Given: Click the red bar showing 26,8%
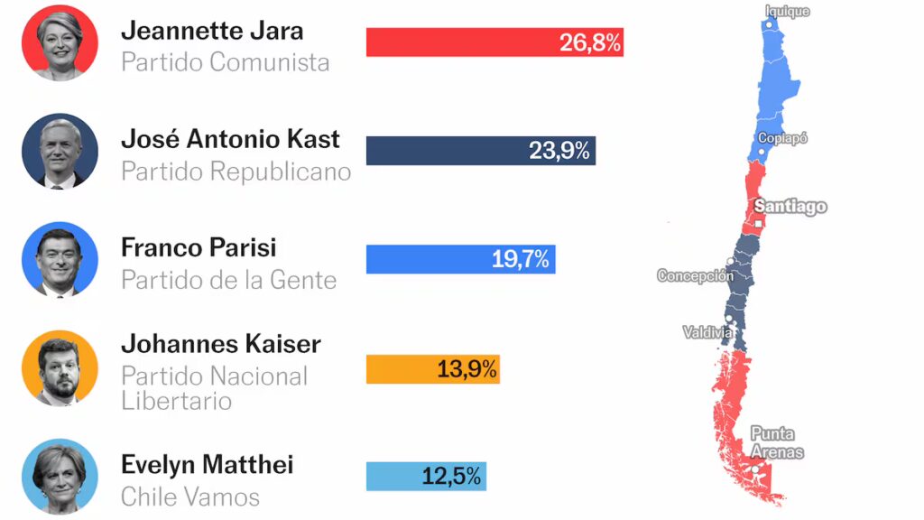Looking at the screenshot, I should click(494, 42).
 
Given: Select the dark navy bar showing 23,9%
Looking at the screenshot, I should click(480, 151).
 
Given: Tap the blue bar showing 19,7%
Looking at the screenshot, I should click(460, 259).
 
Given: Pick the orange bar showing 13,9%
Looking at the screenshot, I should click(432, 368).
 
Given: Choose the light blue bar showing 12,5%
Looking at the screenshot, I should click(426, 476).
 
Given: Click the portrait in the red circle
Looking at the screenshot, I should click(60, 42).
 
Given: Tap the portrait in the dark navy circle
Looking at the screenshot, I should click(60, 151).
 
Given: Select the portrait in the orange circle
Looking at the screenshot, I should click(60, 368).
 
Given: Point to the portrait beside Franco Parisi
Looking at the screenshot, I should click(60, 259).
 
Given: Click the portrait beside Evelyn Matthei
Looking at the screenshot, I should click(60, 476).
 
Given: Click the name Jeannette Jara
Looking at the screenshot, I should click(212, 31).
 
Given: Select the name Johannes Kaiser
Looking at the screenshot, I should click(221, 344).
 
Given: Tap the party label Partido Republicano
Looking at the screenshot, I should click(236, 172).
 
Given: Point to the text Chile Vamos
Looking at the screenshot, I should click(190, 497).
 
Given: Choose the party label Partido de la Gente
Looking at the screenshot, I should click(228, 281).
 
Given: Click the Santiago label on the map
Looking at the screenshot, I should click(790, 207).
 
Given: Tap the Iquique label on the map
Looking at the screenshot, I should click(787, 12).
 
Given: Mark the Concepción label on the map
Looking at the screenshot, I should click(695, 276).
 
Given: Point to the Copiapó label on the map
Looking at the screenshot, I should click(782, 138).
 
